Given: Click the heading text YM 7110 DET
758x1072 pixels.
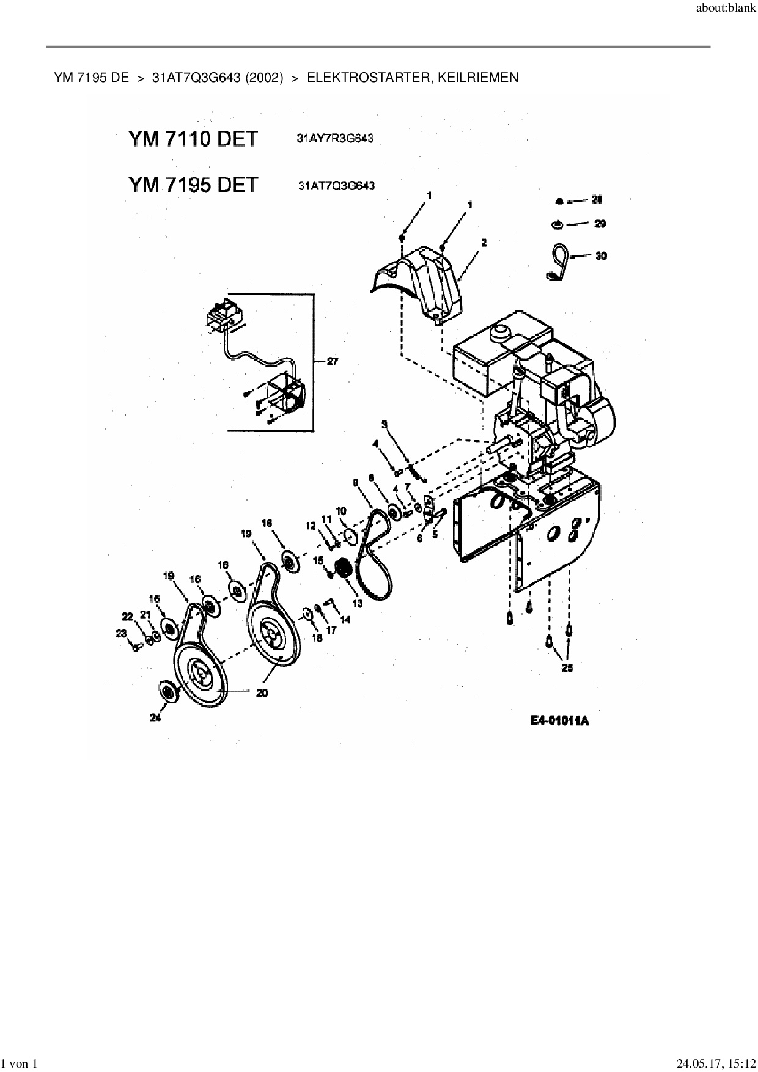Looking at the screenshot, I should pyautogui.click(x=193, y=139).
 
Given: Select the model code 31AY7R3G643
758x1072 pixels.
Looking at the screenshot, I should pyautogui.click(x=335, y=139).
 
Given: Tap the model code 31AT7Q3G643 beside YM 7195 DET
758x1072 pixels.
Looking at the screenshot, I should pyautogui.click(x=336, y=185).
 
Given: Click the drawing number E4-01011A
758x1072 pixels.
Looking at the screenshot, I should pyautogui.click(x=559, y=721).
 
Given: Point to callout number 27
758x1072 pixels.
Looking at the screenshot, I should pyautogui.click(x=332, y=362).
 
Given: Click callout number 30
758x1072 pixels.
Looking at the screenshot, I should pyautogui.click(x=601, y=256).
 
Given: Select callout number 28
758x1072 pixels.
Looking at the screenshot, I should pyautogui.click(x=598, y=200).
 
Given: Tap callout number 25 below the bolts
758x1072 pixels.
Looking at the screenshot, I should pyautogui.click(x=567, y=668).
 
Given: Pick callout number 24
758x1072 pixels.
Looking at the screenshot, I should pyautogui.click(x=155, y=718).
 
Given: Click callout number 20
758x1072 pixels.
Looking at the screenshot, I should pyautogui.click(x=262, y=693).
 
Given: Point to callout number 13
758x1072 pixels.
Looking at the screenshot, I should pyautogui.click(x=357, y=603).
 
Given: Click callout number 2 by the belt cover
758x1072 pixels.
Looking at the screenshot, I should pyautogui.click(x=484, y=243).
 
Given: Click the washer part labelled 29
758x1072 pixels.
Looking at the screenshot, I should pyautogui.click(x=558, y=225).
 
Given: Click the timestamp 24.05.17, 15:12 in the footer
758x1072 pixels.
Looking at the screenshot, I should pyautogui.click(x=716, y=1063).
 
